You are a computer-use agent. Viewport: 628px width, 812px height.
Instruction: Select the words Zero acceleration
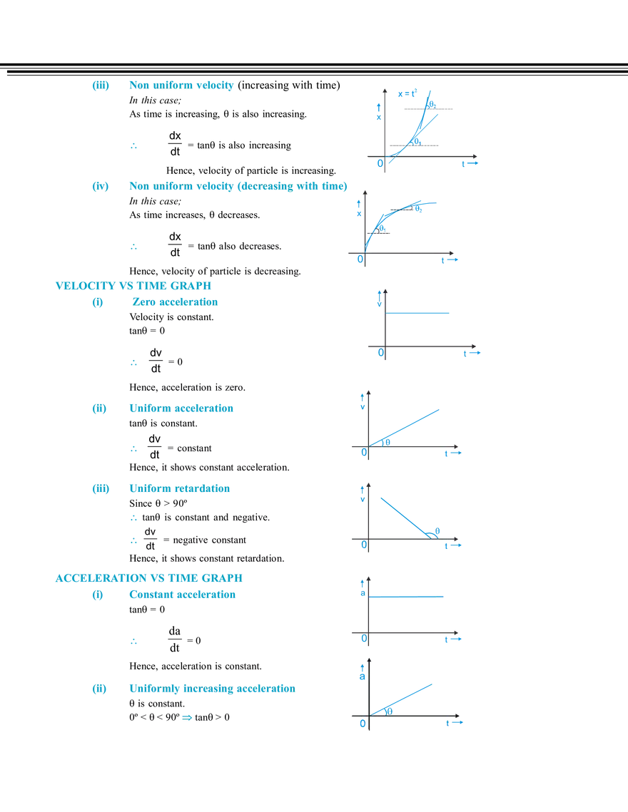(176, 302)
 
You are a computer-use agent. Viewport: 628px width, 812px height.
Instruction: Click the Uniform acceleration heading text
(181, 409)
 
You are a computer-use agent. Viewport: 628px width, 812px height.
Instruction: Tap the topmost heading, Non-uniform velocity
(181, 86)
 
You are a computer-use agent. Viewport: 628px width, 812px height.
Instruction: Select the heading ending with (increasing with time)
(238, 187)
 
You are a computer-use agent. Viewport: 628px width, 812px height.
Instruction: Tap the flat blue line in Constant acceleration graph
(407, 597)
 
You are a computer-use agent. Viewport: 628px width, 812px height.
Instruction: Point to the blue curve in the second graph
(389, 217)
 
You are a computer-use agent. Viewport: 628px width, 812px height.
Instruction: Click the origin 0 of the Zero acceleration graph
(380, 353)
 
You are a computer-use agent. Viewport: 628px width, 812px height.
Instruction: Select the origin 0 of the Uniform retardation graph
(363, 545)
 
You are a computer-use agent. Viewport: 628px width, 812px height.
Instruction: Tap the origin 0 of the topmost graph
(380, 164)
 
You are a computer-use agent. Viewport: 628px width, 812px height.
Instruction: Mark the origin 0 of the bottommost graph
(363, 724)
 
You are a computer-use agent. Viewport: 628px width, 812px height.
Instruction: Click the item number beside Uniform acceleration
(98, 409)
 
